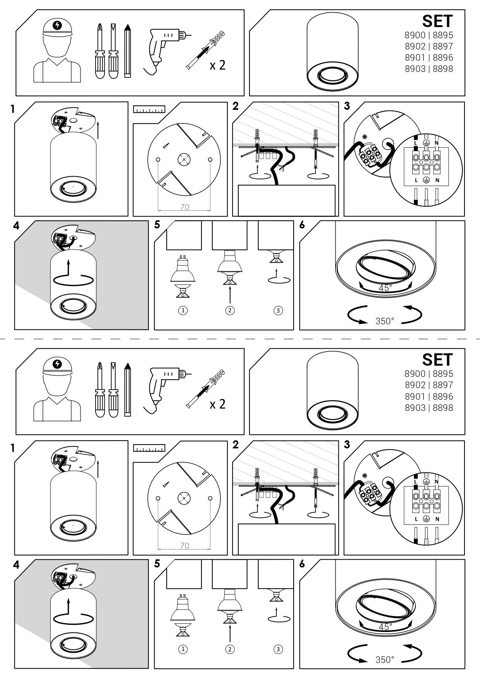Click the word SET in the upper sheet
pos(437,21)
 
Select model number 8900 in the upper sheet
pos(415,36)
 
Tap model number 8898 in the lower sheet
pos(443,408)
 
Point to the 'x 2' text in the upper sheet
pos(217,65)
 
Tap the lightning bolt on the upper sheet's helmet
pos(58,25)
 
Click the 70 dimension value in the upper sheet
pos(185,207)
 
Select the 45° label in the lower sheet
pos(385,627)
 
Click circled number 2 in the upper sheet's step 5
pos(230,310)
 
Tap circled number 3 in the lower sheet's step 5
pos(278,649)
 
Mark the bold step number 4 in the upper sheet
pos(16,226)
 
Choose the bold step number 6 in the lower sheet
pos(302,564)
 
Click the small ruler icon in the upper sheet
pos(149,109)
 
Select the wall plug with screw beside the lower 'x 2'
pos(205,388)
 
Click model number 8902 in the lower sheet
pos(415,385)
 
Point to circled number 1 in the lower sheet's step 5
pos(183,649)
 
